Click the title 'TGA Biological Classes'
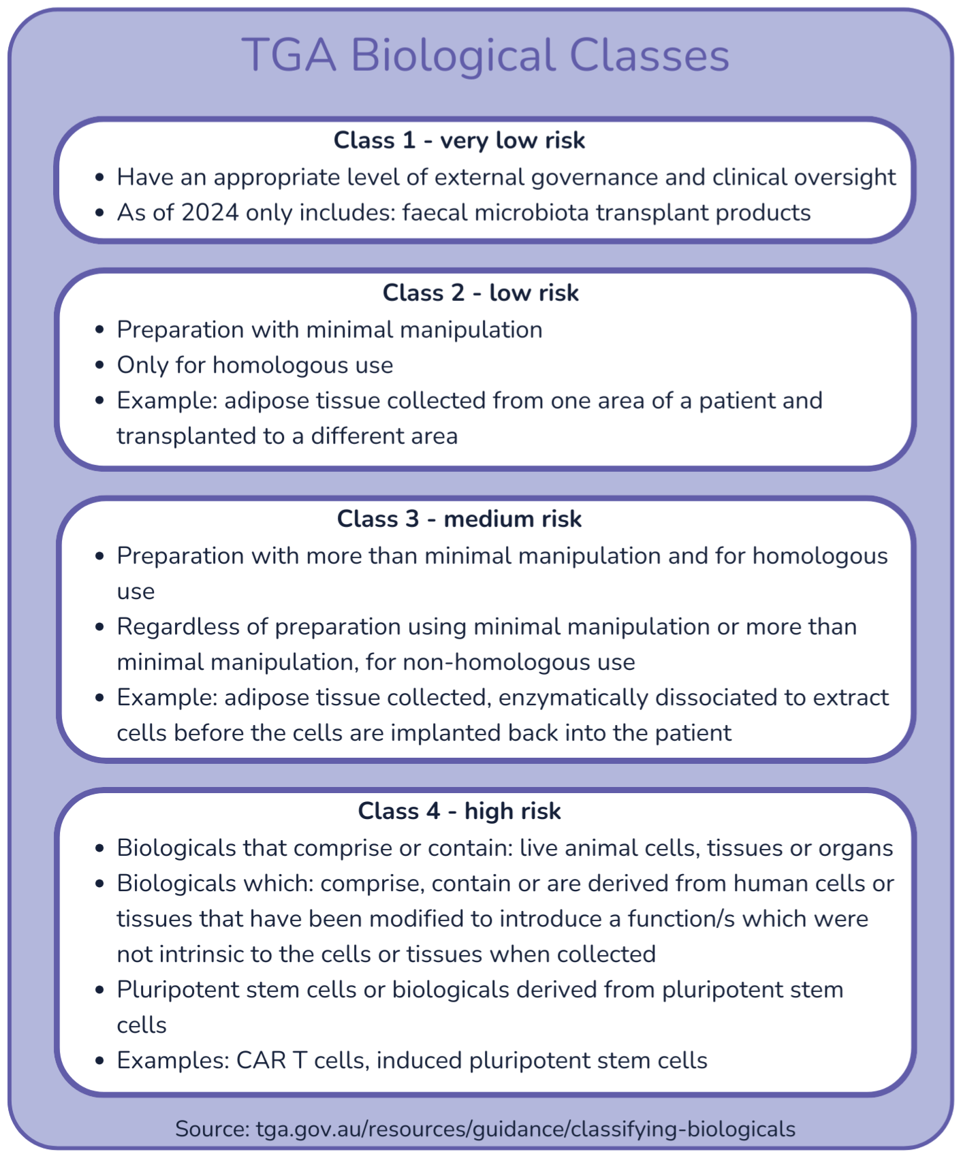coord(485,54)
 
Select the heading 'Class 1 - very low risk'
coord(459,140)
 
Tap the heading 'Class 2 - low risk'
coord(480,293)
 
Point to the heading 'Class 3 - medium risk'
coord(459,519)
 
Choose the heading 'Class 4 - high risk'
coord(459,811)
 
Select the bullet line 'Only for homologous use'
coord(255,365)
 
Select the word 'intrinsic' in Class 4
coord(210,954)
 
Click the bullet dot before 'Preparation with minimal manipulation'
coord(100,330)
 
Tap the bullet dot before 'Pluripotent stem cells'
coord(100,990)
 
